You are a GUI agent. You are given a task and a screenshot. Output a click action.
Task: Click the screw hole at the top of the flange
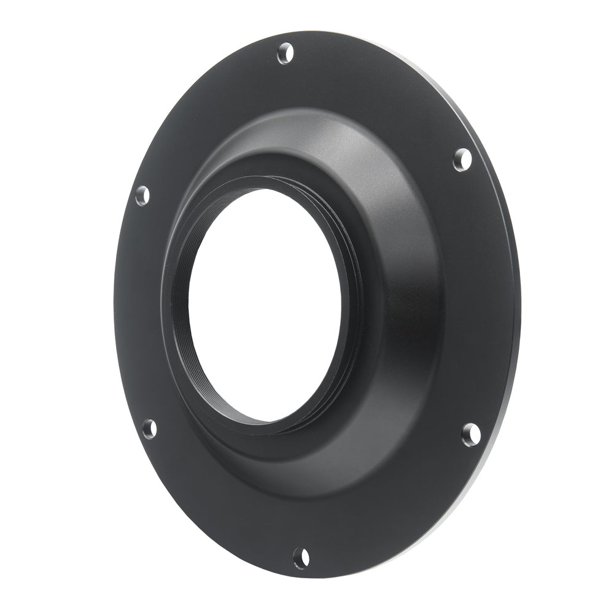click(284, 53)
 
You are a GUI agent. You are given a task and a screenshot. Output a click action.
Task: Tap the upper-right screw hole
click(462, 160)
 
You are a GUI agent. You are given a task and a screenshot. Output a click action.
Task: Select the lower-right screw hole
click(470, 433)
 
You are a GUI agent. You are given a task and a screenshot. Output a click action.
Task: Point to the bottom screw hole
click(301, 558)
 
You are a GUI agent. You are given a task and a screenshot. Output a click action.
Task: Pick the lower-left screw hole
click(149, 428)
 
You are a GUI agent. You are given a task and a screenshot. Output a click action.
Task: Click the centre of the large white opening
click(264, 304)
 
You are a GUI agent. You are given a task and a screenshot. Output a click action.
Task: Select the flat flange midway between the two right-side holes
click(485, 295)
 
